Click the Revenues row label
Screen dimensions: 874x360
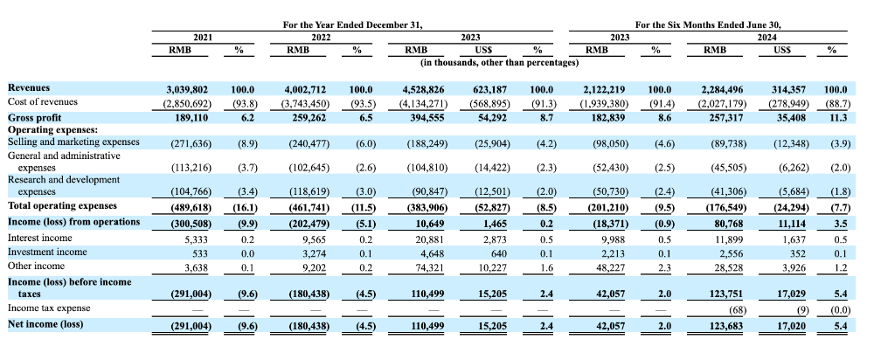pos(29,88)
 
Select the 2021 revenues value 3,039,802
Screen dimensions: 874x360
pos(189,90)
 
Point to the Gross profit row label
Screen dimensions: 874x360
pos(35,118)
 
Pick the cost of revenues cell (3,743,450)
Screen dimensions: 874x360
pos(309,104)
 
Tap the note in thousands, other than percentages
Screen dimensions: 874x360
pos(499,63)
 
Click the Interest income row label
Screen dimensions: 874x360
pos(39,238)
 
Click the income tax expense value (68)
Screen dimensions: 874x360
pos(736,308)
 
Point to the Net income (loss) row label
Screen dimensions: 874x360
pos(45,324)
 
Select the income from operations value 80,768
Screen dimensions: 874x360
pos(729,223)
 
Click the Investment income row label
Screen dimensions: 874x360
pos(47,252)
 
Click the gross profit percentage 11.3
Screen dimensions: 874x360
pos(835,118)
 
